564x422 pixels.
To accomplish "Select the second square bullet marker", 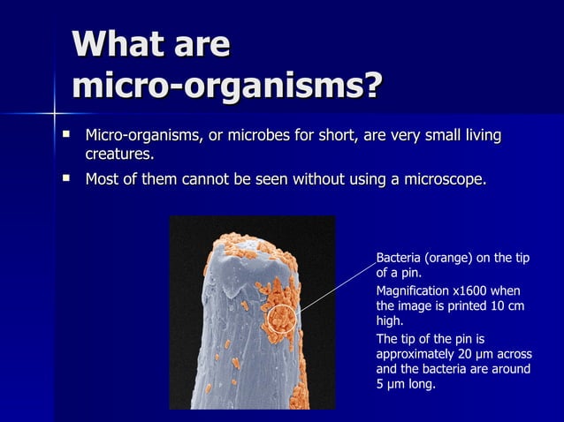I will (x=65, y=179).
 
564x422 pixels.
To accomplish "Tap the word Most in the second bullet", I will (x=103, y=180).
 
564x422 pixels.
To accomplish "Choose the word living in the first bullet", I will (x=477, y=136).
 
